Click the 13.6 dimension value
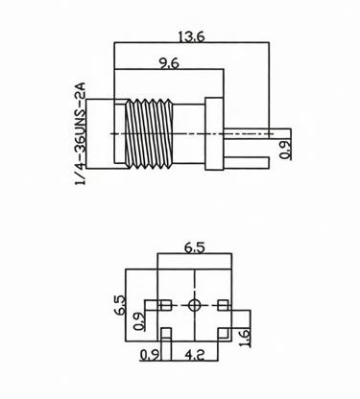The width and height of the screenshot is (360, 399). (x=191, y=36)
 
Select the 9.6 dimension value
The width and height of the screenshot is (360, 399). (x=169, y=63)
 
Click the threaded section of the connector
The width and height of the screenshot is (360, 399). (x=150, y=133)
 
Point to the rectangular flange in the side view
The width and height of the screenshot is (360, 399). (x=214, y=133)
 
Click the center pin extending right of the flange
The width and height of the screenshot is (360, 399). (x=257, y=133)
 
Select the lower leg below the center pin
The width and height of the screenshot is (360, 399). (x=246, y=162)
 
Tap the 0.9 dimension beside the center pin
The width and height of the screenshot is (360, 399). (x=285, y=150)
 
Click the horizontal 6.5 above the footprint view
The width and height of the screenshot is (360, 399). (x=194, y=247)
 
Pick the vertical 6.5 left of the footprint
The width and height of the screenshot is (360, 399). (x=120, y=305)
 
